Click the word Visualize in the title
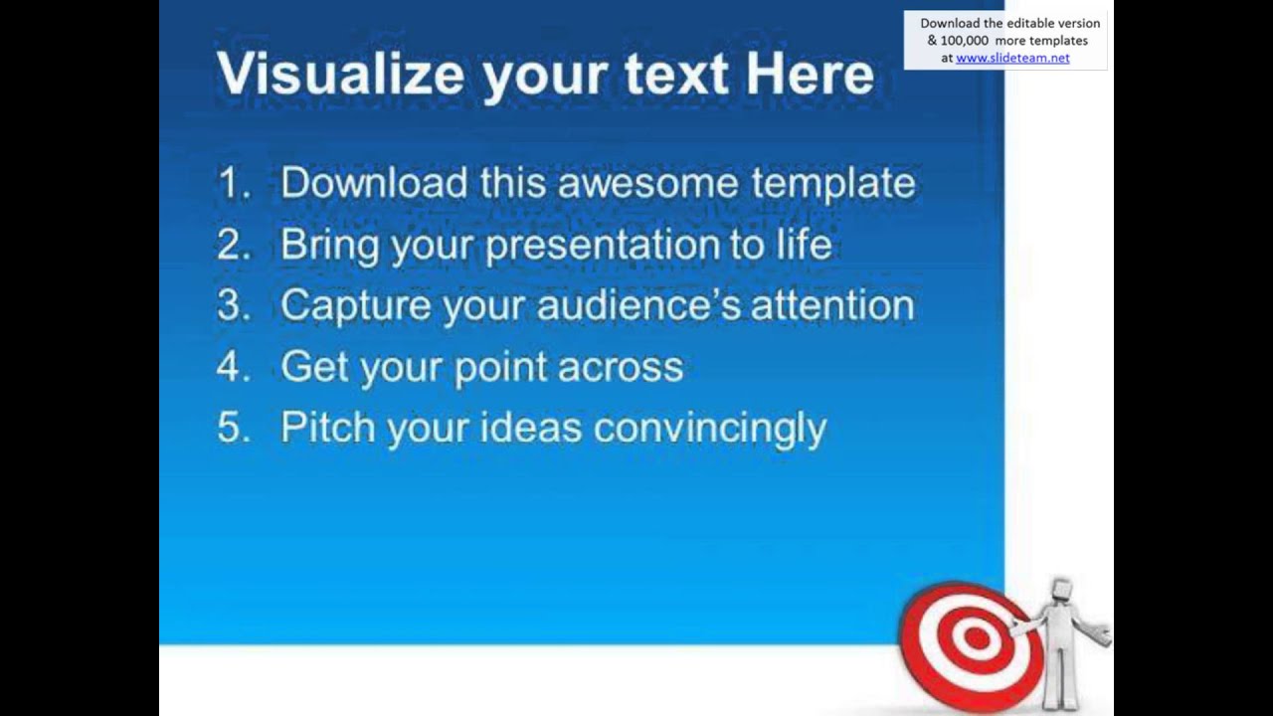point(339,75)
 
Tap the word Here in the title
point(810,75)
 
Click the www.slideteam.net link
point(1012,58)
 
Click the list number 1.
point(232,184)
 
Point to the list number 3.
point(232,306)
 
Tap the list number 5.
point(232,429)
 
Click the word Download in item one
point(373,184)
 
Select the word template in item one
point(832,184)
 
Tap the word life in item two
point(802,245)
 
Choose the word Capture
point(355,306)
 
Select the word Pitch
point(327,429)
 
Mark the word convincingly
point(709,429)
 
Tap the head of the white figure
point(1061,589)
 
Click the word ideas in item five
point(530,429)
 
